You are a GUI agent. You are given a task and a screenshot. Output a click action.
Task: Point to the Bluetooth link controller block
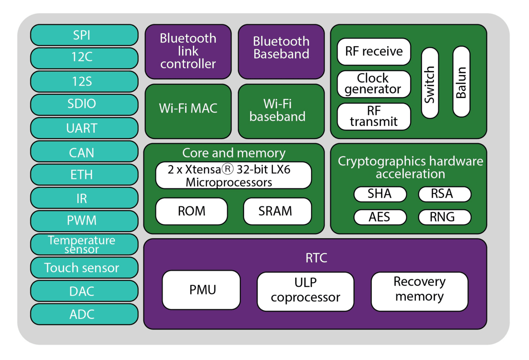click(x=188, y=51)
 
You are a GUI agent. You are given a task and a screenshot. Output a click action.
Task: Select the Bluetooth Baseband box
click(x=281, y=51)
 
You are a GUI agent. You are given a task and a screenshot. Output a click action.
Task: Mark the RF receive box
click(x=374, y=52)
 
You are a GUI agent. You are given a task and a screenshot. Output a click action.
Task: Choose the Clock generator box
click(x=374, y=84)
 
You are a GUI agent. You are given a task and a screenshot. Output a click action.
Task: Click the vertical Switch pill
click(x=430, y=83)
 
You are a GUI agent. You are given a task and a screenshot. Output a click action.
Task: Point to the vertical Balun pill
click(x=461, y=82)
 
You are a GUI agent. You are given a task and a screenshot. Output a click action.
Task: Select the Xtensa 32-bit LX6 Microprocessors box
click(x=233, y=176)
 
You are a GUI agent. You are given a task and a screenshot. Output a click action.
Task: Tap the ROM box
click(x=191, y=211)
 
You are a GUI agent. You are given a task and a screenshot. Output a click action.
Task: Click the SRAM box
click(x=277, y=211)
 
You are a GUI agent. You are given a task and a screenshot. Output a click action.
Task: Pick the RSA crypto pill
click(x=444, y=194)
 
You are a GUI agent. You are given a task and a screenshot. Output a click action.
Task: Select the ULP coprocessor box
click(x=305, y=291)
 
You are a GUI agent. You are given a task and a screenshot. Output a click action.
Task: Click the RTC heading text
click(x=316, y=258)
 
